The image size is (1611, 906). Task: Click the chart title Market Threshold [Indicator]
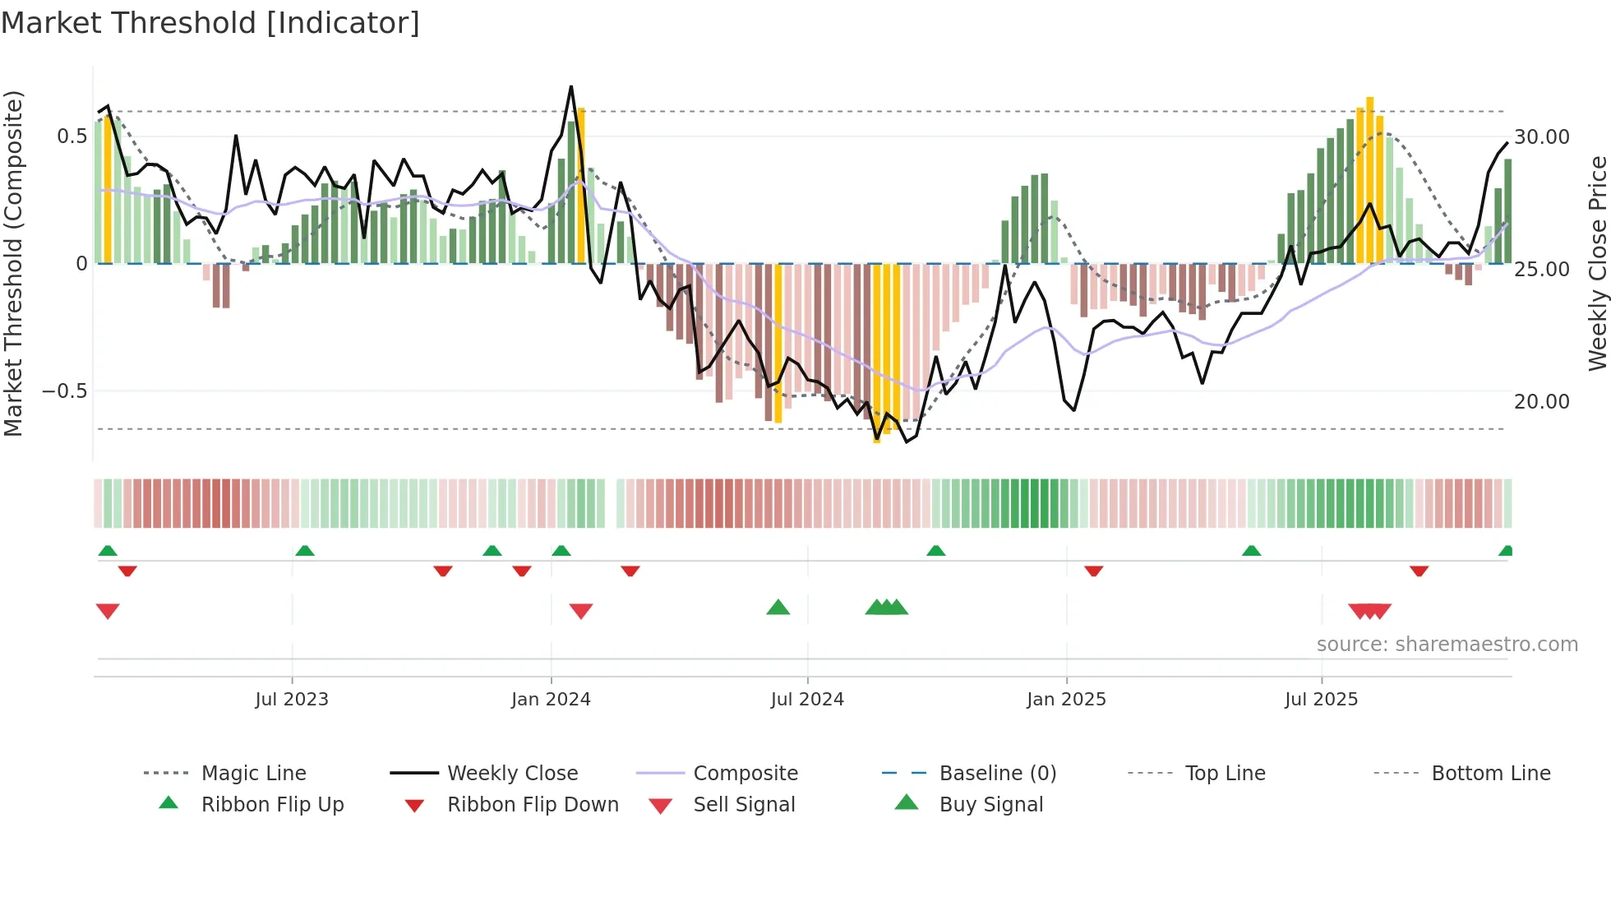pos(210,23)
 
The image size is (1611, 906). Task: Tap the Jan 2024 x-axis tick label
pos(551,700)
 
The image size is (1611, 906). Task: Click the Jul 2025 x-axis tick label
pos(1321,700)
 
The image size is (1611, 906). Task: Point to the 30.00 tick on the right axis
pos(1541,136)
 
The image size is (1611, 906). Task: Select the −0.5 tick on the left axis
pos(64,391)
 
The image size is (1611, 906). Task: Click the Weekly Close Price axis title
pos(1597,263)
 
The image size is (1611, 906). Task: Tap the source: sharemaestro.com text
pos(1447,645)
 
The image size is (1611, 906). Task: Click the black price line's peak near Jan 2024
pos(571,86)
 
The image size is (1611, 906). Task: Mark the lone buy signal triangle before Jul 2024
pos(778,608)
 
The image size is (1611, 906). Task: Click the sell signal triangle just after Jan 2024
pos(581,611)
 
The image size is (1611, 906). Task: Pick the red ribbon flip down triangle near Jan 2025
pos(1093,571)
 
